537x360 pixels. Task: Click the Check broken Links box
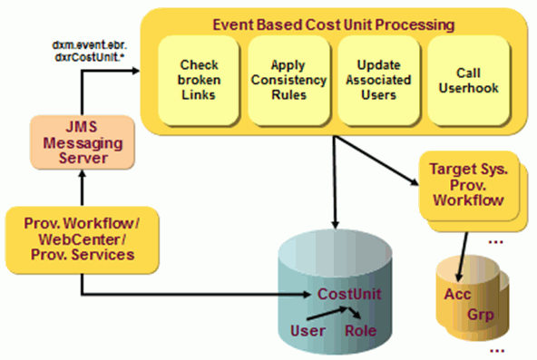click(x=199, y=80)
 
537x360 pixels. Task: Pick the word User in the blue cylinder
click(x=304, y=332)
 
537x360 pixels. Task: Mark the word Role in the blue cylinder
click(x=360, y=332)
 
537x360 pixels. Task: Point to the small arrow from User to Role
click(x=331, y=314)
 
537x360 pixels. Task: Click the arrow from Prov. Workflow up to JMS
click(x=81, y=191)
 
